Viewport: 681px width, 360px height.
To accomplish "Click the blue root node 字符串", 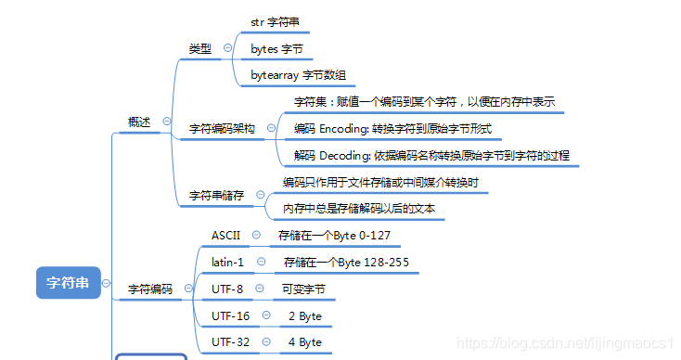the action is pyautogui.click(x=68, y=282).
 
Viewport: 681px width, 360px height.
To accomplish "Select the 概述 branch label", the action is pyautogui.click(x=139, y=122).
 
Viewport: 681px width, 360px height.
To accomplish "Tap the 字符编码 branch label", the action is pyautogui.click(x=149, y=289).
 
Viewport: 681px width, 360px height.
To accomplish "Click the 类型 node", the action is pyautogui.click(x=199, y=48).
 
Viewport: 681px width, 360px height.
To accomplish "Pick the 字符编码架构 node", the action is pyautogui.click(x=222, y=129).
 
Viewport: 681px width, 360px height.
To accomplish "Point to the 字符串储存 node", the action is pyautogui.click(x=216, y=196).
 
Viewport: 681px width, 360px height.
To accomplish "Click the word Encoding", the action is pyautogui.click(x=346, y=129).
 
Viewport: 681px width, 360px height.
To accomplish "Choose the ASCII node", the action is pyautogui.click(x=225, y=236).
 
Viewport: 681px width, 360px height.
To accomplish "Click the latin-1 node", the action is pyautogui.click(x=227, y=263).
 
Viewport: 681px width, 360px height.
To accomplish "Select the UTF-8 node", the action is pyautogui.click(x=227, y=289).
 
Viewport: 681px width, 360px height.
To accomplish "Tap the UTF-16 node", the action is pyautogui.click(x=230, y=316).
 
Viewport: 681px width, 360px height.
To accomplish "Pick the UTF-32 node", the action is pyautogui.click(x=230, y=342).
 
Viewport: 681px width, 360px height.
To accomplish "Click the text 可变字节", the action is pyautogui.click(x=303, y=289).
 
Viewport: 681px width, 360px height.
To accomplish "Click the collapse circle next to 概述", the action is pyautogui.click(x=167, y=122).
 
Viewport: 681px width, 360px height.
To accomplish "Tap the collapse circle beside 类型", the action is pyautogui.click(x=228, y=48).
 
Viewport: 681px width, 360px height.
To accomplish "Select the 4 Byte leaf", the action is pyautogui.click(x=304, y=342).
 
